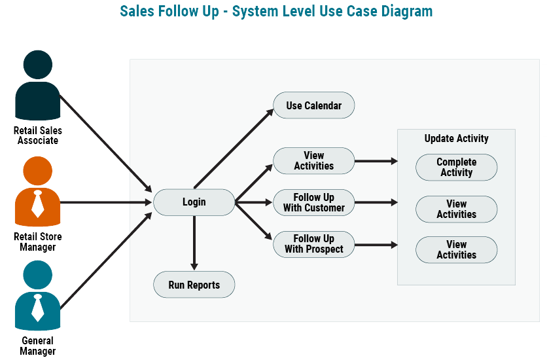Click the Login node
tap(194, 202)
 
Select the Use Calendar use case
tap(313, 105)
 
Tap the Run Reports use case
tap(194, 285)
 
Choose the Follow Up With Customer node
tap(313, 202)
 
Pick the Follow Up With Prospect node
tap(313, 244)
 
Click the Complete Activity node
tap(456, 168)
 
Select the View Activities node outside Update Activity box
tap(313, 161)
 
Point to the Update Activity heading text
tap(456, 139)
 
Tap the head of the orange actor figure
tap(37, 171)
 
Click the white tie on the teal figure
tap(38, 308)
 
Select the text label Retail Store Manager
tap(37, 242)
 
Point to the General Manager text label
tap(37, 346)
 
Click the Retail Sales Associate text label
tap(37, 135)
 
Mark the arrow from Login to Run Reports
tap(194, 242)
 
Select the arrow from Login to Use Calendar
tap(234, 149)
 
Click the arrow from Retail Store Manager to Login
tap(105, 202)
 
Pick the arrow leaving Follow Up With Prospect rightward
tap(376, 245)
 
